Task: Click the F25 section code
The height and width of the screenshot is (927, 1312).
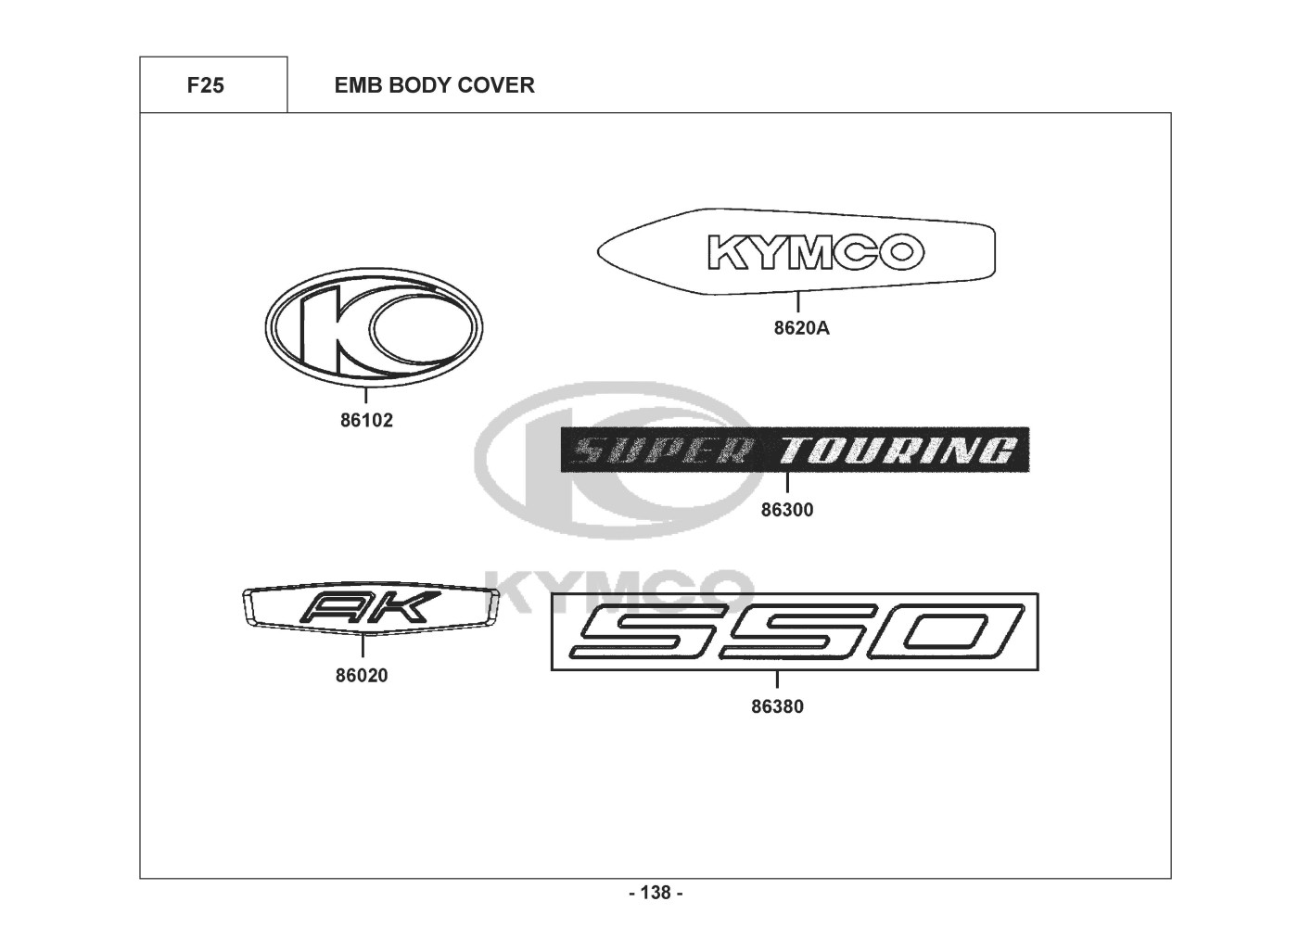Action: [206, 85]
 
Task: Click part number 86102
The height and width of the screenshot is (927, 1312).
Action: [366, 421]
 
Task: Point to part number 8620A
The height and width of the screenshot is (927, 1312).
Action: [802, 328]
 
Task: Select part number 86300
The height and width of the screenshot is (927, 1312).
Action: [787, 510]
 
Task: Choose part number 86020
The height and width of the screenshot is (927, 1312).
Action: [362, 676]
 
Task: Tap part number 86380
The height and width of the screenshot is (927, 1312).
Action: [778, 706]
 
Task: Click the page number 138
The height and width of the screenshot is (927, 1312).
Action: [656, 893]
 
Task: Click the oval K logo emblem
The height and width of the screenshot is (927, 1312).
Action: [375, 328]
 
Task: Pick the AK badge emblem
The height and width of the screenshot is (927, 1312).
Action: [371, 609]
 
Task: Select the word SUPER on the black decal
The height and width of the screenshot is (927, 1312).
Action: [662, 451]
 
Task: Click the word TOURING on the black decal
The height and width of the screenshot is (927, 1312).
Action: [897, 451]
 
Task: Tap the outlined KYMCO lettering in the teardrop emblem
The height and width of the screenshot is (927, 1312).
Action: [817, 252]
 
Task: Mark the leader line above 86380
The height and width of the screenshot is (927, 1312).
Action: [778, 679]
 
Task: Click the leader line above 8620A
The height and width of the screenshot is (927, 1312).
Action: [797, 301]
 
